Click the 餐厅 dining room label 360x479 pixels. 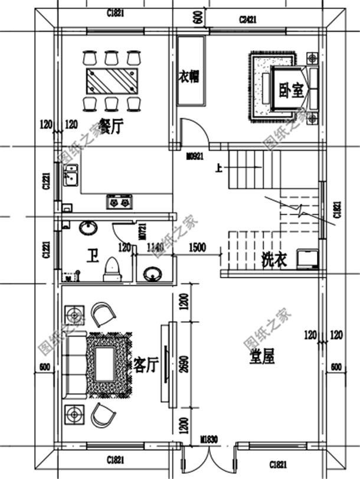click(110, 126)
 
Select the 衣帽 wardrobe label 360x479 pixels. click(189, 77)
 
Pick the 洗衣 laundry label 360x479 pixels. click(273, 259)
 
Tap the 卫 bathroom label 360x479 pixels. click(92, 256)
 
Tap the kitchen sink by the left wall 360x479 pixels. click(71, 176)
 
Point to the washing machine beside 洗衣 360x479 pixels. click(307, 259)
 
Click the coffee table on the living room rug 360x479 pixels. click(105, 362)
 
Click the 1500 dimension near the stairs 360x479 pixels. click(197, 247)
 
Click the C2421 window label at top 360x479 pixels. click(249, 19)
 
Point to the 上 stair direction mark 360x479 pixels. click(219, 168)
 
